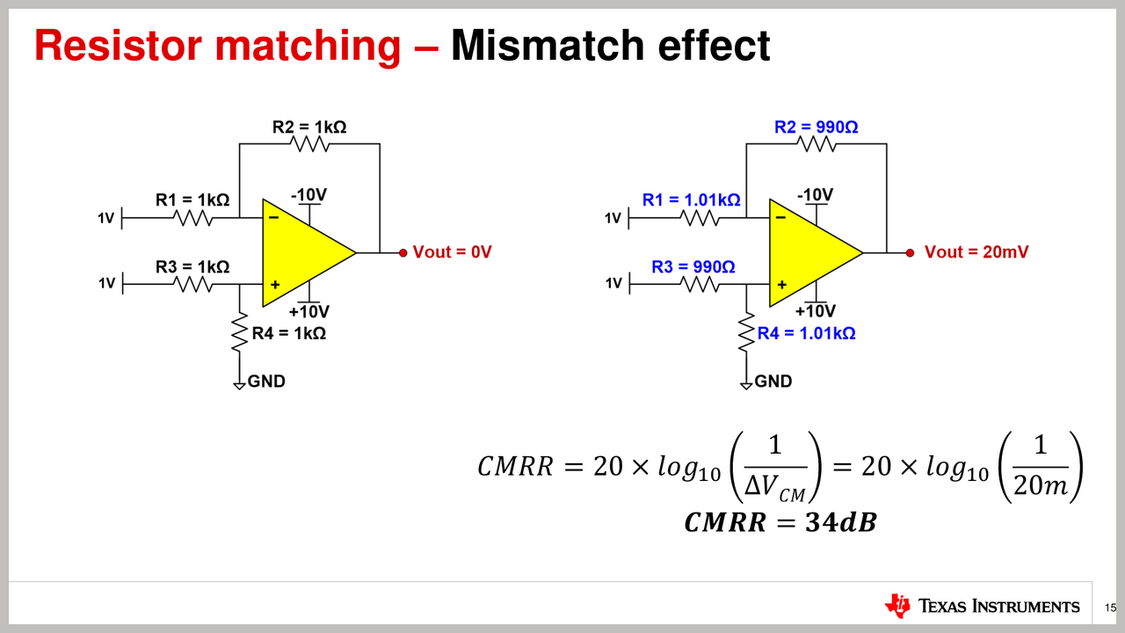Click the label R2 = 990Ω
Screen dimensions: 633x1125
pos(816,127)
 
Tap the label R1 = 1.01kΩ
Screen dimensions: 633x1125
pos(691,200)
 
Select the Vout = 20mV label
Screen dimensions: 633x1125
pos(976,252)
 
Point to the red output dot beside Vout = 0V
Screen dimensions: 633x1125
pos(403,253)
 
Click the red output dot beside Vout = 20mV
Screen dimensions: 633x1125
pos(910,253)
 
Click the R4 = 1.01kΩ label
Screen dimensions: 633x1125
pos(806,333)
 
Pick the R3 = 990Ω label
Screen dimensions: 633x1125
pos(693,266)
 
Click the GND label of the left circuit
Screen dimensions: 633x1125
pos(266,382)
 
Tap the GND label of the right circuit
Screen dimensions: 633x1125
pos(773,382)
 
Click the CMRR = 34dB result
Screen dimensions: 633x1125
pos(780,523)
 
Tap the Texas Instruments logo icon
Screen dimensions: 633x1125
pos(898,605)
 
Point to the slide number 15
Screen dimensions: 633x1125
pos(1110,608)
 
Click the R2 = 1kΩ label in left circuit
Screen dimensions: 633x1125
pos(308,127)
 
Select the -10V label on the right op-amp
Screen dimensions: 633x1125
pos(815,194)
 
